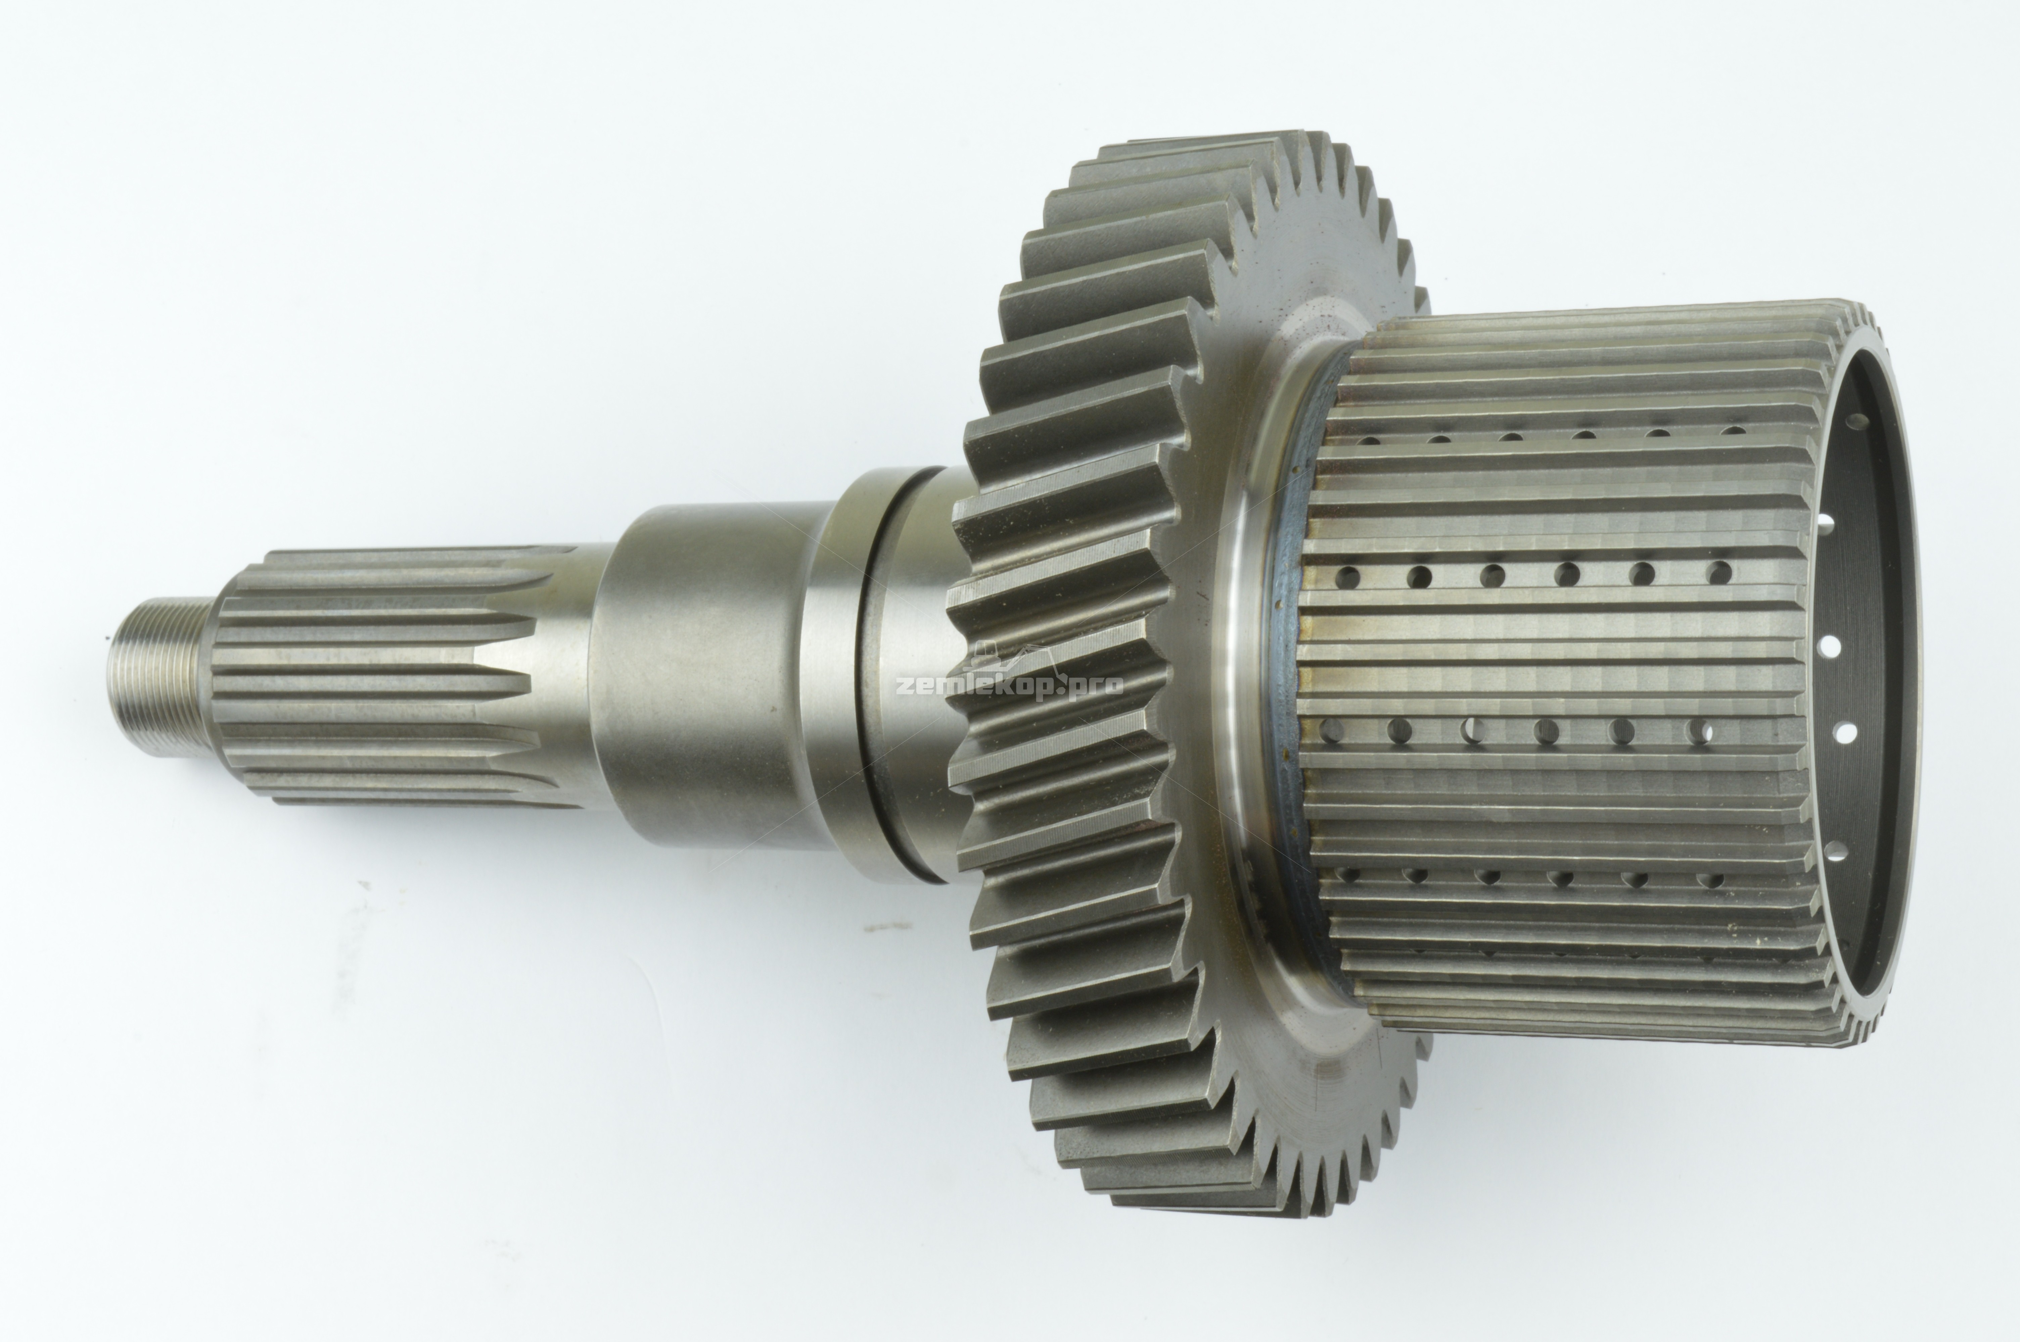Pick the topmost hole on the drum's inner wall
(x=1858, y=421)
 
